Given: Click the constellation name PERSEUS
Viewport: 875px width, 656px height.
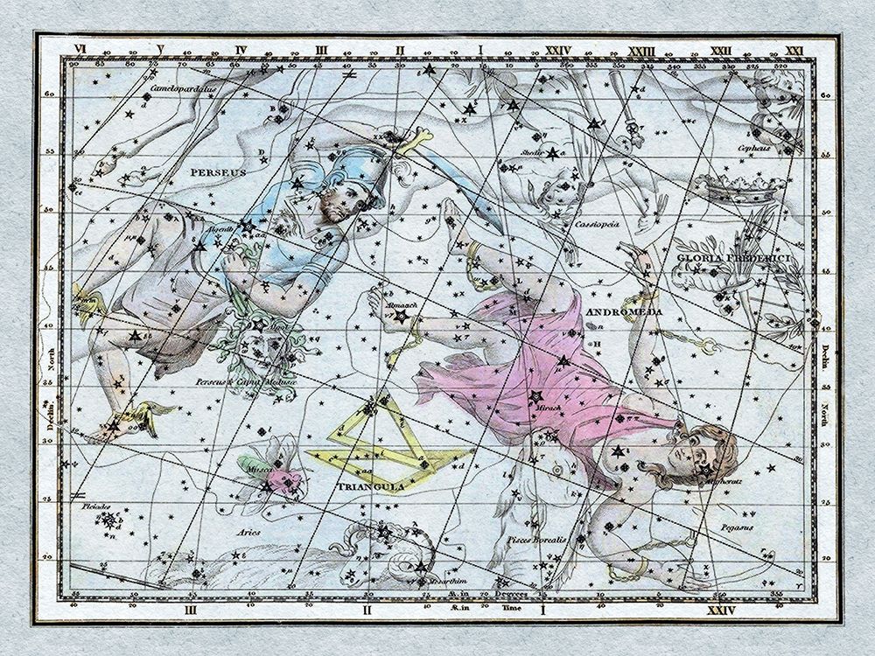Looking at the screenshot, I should click(214, 173).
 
